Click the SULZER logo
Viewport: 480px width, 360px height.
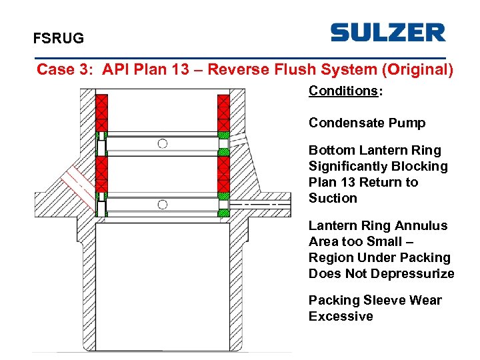pyautogui.click(x=387, y=33)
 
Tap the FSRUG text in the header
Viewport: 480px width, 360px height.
pyautogui.click(x=59, y=39)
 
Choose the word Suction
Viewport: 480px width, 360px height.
pyautogui.click(x=333, y=198)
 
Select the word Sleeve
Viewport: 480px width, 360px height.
pyautogui.click(x=381, y=300)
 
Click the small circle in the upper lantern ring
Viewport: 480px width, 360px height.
pyautogui.click(x=162, y=143)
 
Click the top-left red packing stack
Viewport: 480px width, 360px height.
pyautogui.click(x=101, y=113)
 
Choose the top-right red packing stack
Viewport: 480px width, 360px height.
pyautogui.click(x=223, y=113)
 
